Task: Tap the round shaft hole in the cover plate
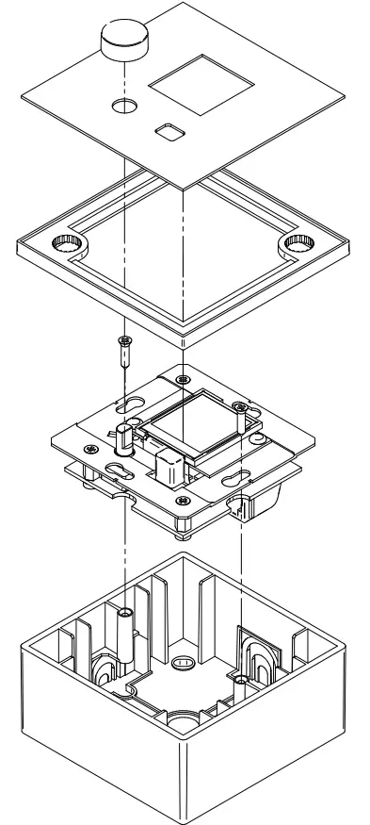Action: (x=124, y=105)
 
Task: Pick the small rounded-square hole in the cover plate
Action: (x=170, y=129)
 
